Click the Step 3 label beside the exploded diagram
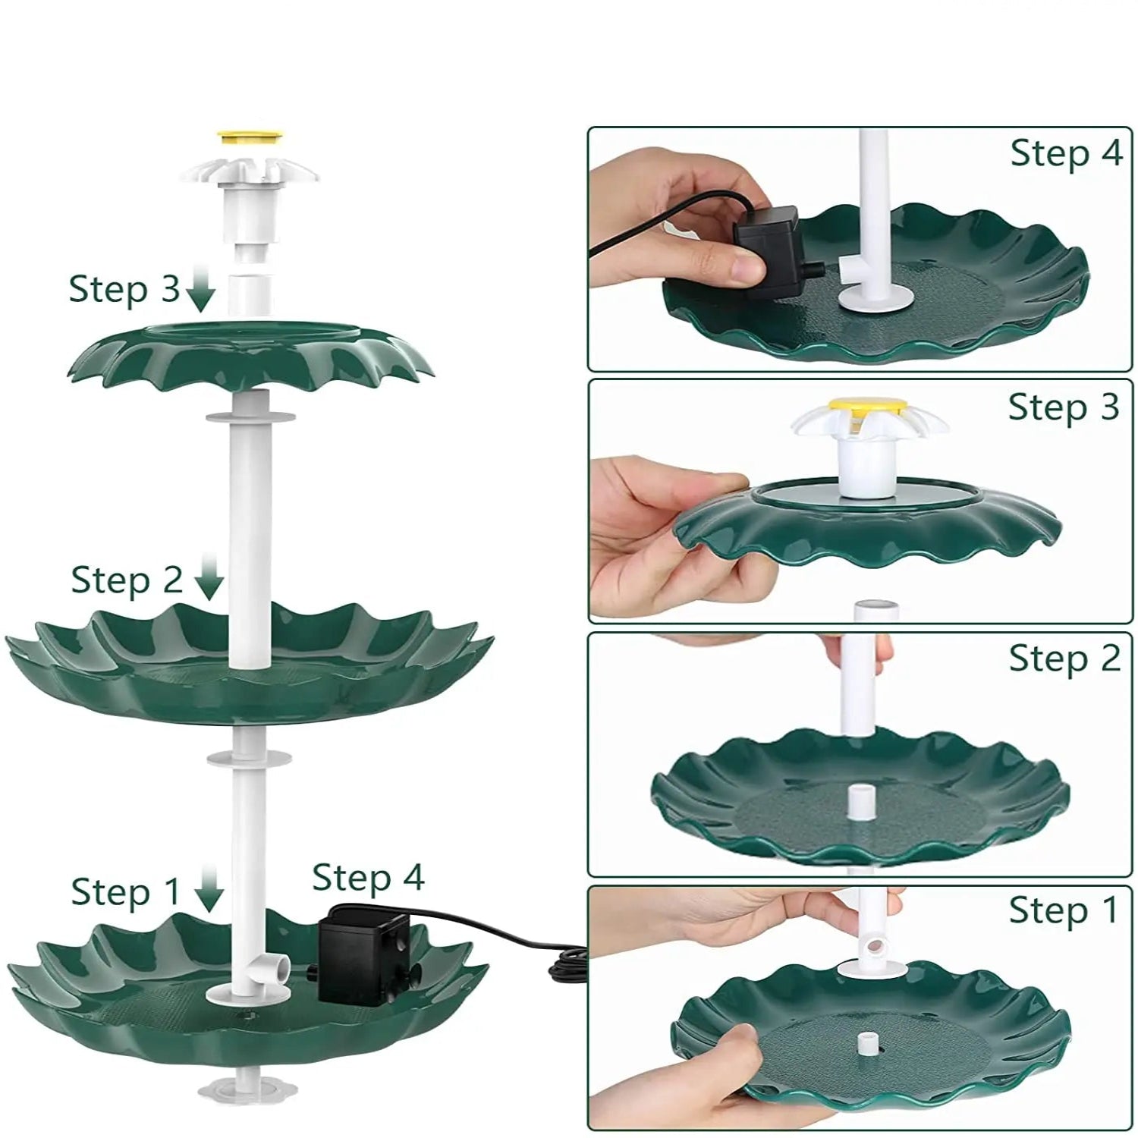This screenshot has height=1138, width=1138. (x=124, y=290)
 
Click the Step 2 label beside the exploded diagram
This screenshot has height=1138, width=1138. (x=127, y=581)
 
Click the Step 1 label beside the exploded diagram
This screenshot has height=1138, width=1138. (x=126, y=892)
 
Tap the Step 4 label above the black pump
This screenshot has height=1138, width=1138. (x=368, y=878)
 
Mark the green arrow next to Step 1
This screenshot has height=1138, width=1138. (x=209, y=889)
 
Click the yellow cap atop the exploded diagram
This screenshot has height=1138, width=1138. (x=250, y=138)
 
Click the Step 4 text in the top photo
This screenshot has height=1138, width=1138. (x=1066, y=154)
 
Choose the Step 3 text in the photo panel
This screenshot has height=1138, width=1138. (x=1064, y=407)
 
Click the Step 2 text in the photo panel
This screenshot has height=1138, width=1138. (x=1064, y=659)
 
